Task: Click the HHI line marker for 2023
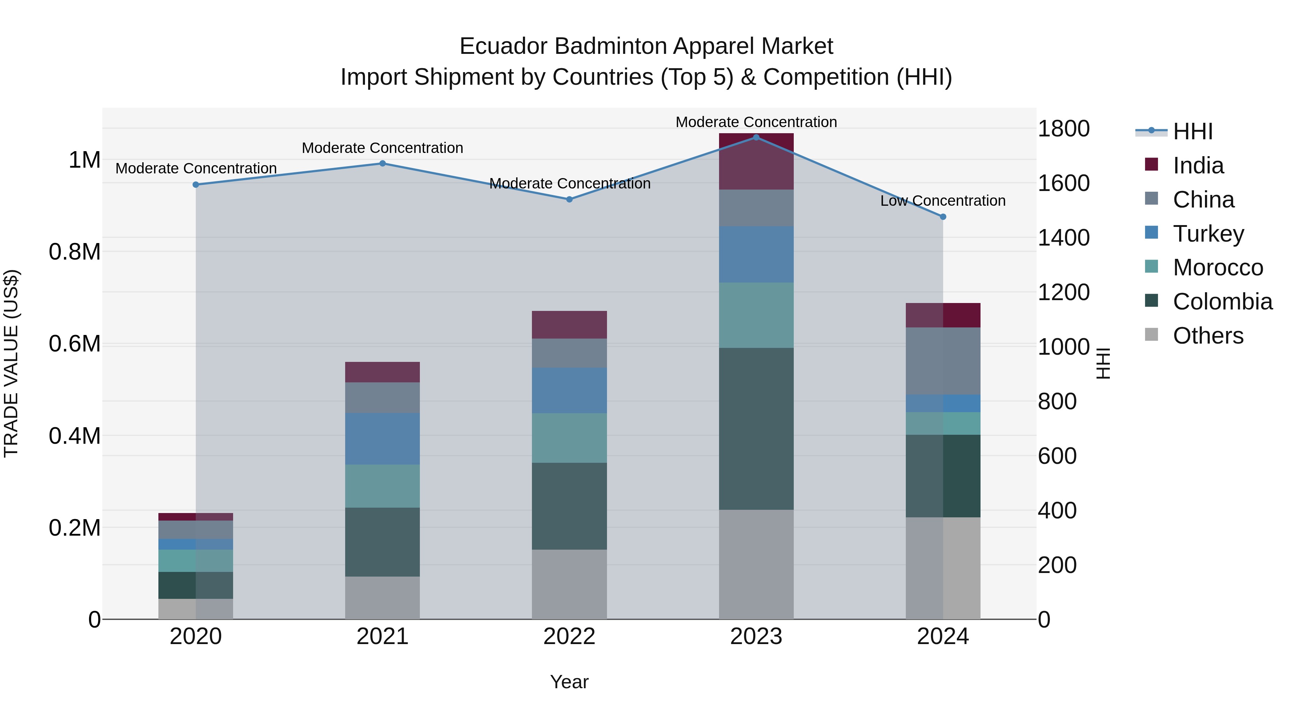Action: (x=756, y=137)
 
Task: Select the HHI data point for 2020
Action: (x=196, y=185)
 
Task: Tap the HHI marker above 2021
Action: (x=383, y=163)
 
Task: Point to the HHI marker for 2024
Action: (x=943, y=217)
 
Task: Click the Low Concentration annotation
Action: (x=943, y=201)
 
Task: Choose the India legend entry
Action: (x=1198, y=166)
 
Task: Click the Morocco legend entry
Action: (x=1218, y=267)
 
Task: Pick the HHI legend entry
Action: (x=1192, y=131)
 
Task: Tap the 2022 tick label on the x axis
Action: (x=569, y=637)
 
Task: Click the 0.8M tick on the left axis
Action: (x=75, y=252)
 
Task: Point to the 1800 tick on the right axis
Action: (x=1063, y=129)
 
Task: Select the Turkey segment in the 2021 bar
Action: (x=383, y=438)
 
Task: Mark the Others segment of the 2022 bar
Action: (x=569, y=584)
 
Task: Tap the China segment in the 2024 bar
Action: (x=943, y=361)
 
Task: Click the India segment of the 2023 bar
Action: (x=756, y=162)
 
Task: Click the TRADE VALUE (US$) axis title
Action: (x=11, y=363)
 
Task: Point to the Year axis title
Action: (x=569, y=682)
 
